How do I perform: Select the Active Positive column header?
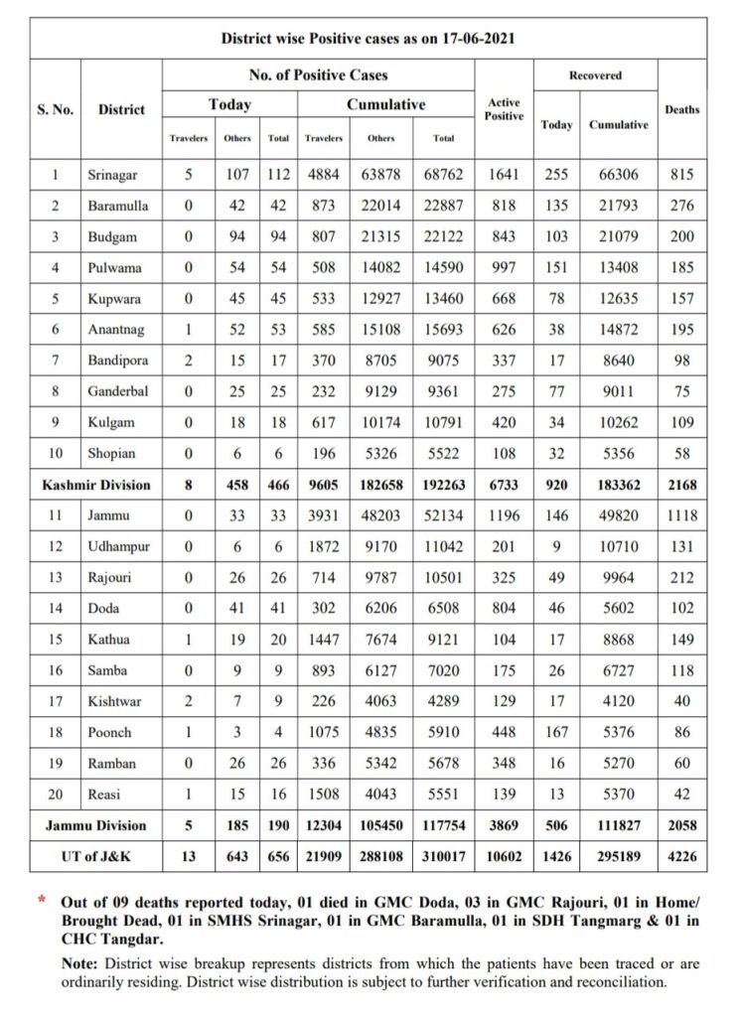pos(505,109)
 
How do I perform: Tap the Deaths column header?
pos(681,109)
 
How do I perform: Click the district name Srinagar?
pos(112,175)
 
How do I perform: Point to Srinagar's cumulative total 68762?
pos(444,175)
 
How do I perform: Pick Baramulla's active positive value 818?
pos(505,206)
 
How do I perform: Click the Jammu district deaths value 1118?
pos(681,515)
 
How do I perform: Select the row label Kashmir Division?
pos(96,485)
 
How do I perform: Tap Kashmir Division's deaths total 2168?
pos(681,485)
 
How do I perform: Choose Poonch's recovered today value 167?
pos(556,732)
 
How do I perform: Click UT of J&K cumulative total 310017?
pos(444,856)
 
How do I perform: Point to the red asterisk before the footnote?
pos(42,900)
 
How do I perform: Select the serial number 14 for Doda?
pos(56,609)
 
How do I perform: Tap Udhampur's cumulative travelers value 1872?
pos(324,546)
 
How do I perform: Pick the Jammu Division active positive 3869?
pos(505,825)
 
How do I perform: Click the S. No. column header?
pos(56,109)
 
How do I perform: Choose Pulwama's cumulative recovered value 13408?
pos(619,267)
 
